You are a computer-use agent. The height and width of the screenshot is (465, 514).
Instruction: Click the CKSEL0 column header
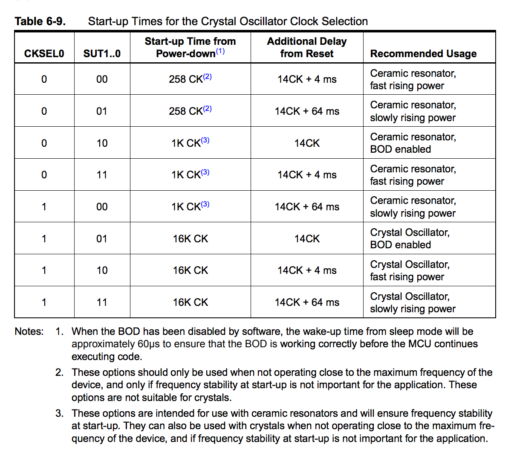coord(44,53)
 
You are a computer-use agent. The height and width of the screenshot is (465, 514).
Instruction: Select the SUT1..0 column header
coord(102,53)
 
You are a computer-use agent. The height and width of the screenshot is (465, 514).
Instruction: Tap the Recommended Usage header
coord(423,53)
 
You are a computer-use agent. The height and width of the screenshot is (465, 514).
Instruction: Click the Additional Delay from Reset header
coord(307,47)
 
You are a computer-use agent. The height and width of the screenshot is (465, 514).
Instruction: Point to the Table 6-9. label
coord(40,21)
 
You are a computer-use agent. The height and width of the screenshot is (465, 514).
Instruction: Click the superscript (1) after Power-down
coord(220,51)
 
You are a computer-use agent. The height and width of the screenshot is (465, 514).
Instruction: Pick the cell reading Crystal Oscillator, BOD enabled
coord(409,238)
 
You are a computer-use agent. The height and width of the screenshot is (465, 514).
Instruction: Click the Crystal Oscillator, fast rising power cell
coord(409,270)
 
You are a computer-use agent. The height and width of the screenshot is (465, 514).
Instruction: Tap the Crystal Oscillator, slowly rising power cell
coord(413,302)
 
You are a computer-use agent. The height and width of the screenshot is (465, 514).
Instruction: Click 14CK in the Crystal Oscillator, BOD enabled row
coord(307,238)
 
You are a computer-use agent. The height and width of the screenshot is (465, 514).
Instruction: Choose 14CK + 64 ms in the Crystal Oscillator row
coord(307,302)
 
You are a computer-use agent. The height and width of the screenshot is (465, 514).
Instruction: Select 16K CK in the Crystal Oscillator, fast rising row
coord(190,270)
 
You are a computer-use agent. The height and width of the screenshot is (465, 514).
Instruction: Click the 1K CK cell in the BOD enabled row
coord(190,143)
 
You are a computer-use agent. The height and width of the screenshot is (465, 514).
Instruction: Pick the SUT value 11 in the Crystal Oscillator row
coord(102,302)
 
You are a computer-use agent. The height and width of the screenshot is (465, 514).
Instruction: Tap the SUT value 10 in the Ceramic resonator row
coord(102,143)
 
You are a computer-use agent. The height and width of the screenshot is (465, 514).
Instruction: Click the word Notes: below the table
coord(29,331)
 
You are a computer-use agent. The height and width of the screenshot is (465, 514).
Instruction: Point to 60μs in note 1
coord(148,344)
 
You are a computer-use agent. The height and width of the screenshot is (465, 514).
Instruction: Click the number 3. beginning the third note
coord(59,413)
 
